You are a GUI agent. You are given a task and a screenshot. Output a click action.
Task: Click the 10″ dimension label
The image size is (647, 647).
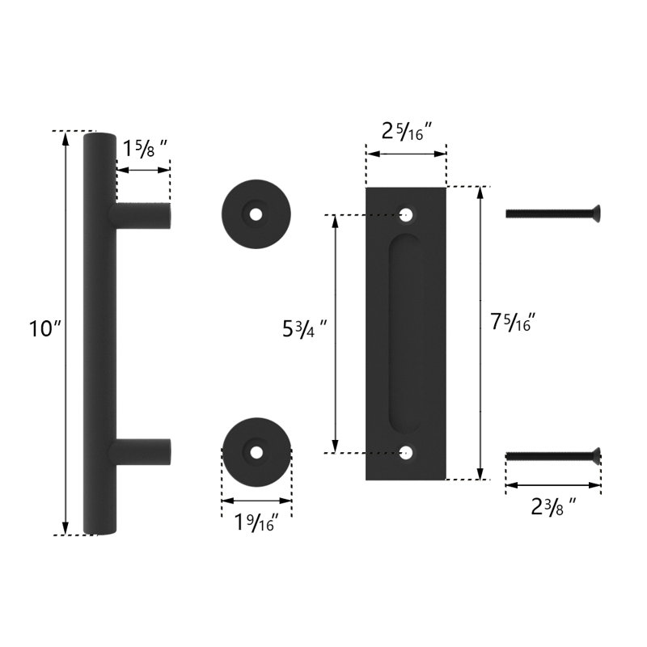pyautogui.click(x=45, y=329)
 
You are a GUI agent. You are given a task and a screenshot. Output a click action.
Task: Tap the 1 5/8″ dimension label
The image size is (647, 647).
pyautogui.click(x=145, y=149)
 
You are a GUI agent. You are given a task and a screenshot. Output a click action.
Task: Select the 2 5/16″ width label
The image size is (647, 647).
pyautogui.click(x=407, y=132)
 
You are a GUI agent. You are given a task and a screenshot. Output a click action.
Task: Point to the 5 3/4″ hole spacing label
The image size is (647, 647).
pyautogui.click(x=305, y=330)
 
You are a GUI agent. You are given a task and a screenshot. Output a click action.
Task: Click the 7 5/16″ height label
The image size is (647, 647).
pyautogui.click(x=513, y=322)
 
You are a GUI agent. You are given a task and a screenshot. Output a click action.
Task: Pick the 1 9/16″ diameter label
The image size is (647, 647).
pyautogui.click(x=256, y=522)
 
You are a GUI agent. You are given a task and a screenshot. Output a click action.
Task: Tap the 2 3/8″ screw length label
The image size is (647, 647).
pyautogui.click(x=553, y=507)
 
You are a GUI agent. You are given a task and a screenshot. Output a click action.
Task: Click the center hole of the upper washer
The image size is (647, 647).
pyautogui.click(x=256, y=214)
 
